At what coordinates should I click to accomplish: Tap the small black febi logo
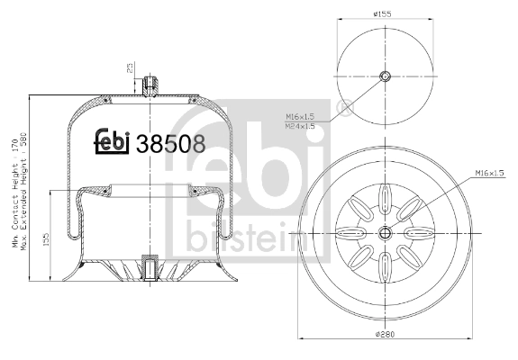point(113,142)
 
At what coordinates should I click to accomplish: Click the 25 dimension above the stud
point(130,68)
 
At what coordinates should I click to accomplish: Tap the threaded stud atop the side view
point(150,86)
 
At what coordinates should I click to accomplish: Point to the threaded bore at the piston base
point(150,269)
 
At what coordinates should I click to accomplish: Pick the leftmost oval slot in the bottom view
point(350,233)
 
